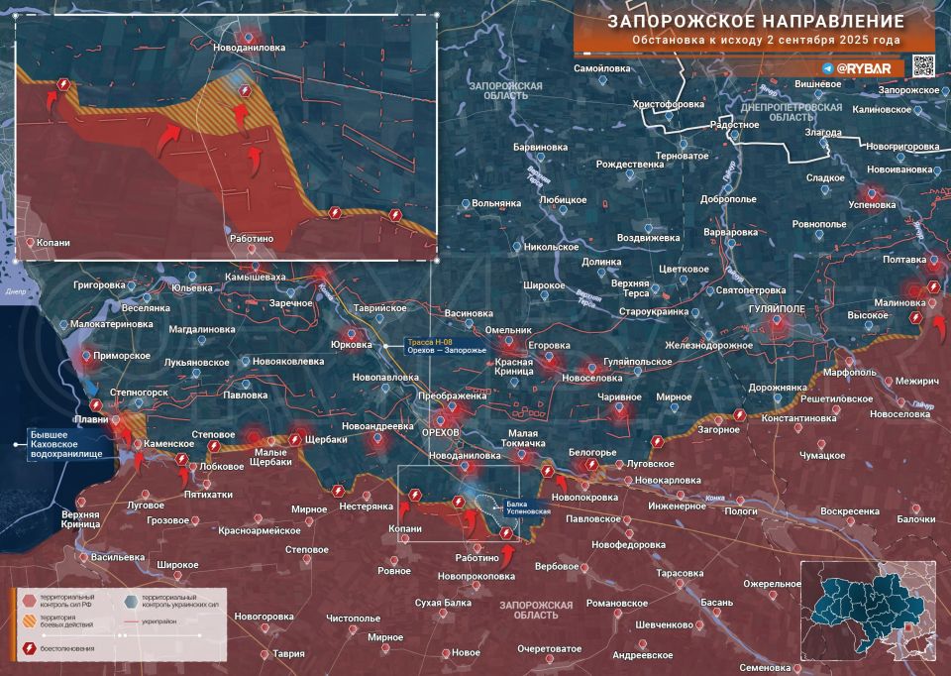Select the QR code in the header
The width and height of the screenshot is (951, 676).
(x=922, y=66)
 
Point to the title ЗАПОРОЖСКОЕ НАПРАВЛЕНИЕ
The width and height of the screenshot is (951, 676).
(x=755, y=21)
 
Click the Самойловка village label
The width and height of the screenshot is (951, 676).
(x=602, y=68)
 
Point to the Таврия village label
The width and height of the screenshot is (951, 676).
(x=289, y=653)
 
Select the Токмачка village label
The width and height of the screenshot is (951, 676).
(x=507, y=444)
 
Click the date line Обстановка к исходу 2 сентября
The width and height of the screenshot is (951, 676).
(x=767, y=42)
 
